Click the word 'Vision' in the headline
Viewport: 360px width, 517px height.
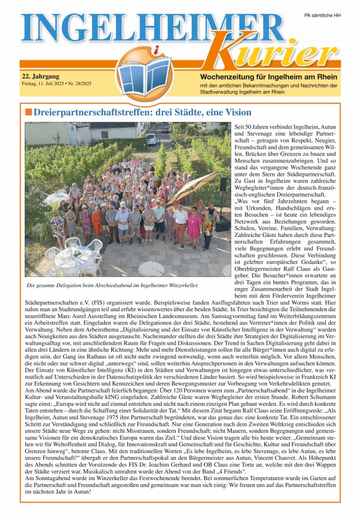point(235,112)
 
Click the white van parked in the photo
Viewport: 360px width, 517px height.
point(151,139)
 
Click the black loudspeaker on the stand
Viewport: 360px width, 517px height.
point(223,184)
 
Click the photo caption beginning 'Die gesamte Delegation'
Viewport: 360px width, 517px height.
point(113,285)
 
